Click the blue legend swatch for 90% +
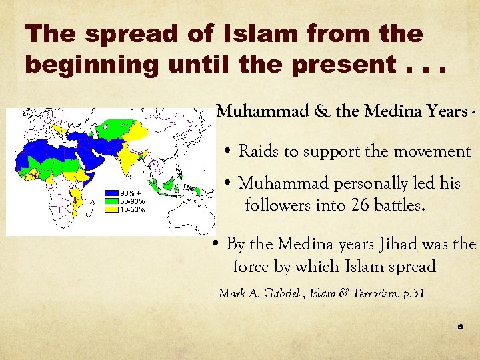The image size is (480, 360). pos(111,194)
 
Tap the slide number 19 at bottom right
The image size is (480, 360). pos(460,327)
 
